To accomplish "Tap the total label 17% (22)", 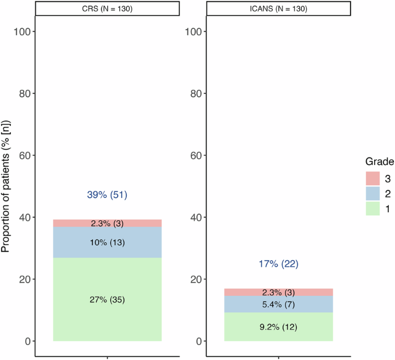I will pos(278,264).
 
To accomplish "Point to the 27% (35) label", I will pos(107,299).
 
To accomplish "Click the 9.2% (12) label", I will pos(278,327).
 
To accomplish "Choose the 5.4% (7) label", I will pos(278,304).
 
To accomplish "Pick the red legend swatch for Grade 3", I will pos(373,176).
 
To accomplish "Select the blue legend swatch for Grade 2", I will pos(373,192).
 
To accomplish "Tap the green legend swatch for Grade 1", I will pos(373,208).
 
